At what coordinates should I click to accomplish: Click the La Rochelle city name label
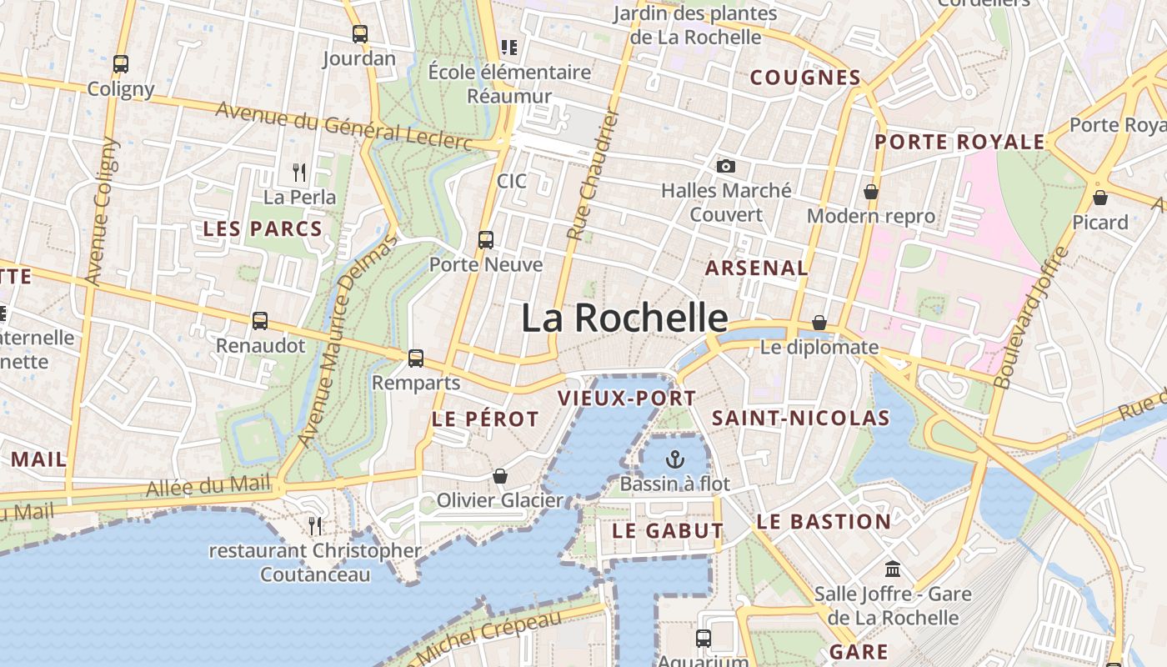coord(624,318)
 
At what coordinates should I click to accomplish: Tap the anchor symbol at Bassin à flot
coord(674,459)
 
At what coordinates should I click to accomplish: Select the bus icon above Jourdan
coord(360,34)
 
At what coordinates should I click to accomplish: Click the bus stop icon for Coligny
coord(121,63)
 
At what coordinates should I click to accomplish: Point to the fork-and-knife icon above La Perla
coord(299,173)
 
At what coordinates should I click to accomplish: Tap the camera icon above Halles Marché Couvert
coord(726,166)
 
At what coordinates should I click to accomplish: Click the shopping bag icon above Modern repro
coord(871,192)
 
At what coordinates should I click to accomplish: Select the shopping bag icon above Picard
coord(1100,198)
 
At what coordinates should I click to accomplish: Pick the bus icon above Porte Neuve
coord(486,240)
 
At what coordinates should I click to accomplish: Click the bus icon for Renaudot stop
coord(260,320)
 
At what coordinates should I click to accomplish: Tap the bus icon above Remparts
coord(416,359)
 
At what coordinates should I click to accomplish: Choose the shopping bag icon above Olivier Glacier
coord(500,476)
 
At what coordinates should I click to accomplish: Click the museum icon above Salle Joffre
coord(893,569)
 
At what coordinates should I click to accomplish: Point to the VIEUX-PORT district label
coord(627,398)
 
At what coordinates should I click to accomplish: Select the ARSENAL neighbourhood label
coord(757,268)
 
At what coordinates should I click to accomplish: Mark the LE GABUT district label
coord(668,530)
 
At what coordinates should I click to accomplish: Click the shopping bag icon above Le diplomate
coord(819,323)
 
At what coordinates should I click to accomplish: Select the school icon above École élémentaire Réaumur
coord(508,48)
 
